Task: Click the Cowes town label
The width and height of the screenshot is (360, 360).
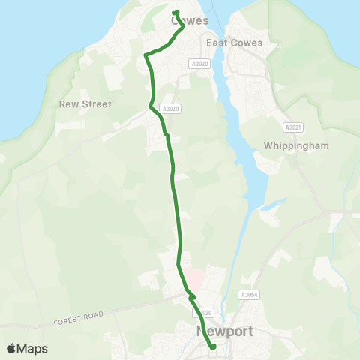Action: pyautogui.click(x=190, y=21)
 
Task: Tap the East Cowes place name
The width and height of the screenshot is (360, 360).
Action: pyautogui.click(x=235, y=43)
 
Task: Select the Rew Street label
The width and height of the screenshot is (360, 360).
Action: pyautogui.click(x=85, y=104)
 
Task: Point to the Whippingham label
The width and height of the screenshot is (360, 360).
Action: pyautogui.click(x=297, y=145)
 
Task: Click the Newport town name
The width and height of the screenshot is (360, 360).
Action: pyautogui.click(x=225, y=331)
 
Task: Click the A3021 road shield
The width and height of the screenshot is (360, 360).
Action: pyautogui.click(x=292, y=128)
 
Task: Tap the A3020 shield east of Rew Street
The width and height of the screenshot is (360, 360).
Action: pyautogui.click(x=172, y=109)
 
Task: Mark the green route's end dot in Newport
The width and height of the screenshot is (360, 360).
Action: pyautogui.click(x=213, y=346)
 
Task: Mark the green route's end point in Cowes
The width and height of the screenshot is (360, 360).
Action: pyautogui.click(x=175, y=12)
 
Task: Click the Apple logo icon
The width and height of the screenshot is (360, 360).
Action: pyautogui.click(x=11, y=348)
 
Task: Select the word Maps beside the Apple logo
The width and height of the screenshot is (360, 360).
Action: pyautogui.click(x=33, y=348)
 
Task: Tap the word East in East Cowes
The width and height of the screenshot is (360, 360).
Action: pyautogui.click(x=219, y=43)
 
